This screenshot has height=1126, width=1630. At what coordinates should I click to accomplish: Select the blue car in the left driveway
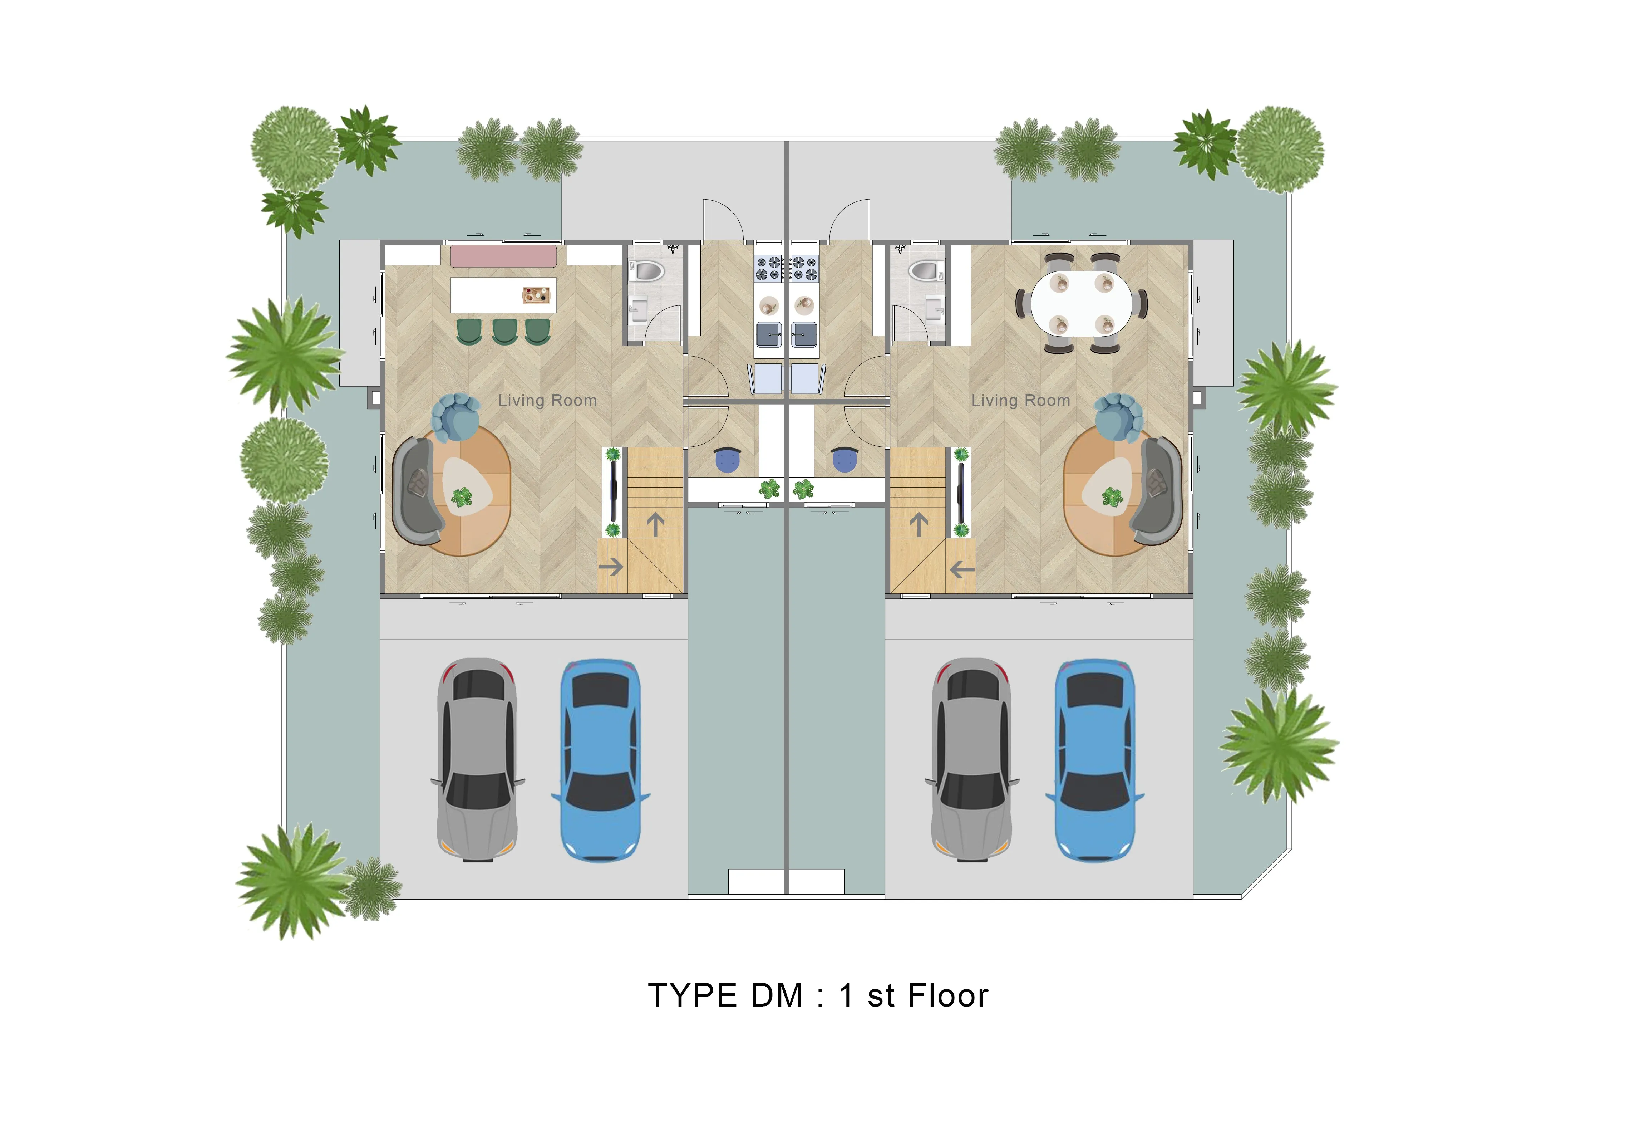click(x=600, y=760)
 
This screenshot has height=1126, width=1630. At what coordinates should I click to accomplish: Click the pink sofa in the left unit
click(x=503, y=255)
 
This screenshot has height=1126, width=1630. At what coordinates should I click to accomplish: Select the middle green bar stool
click(x=504, y=332)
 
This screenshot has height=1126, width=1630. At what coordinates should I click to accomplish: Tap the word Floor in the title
click(x=948, y=995)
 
